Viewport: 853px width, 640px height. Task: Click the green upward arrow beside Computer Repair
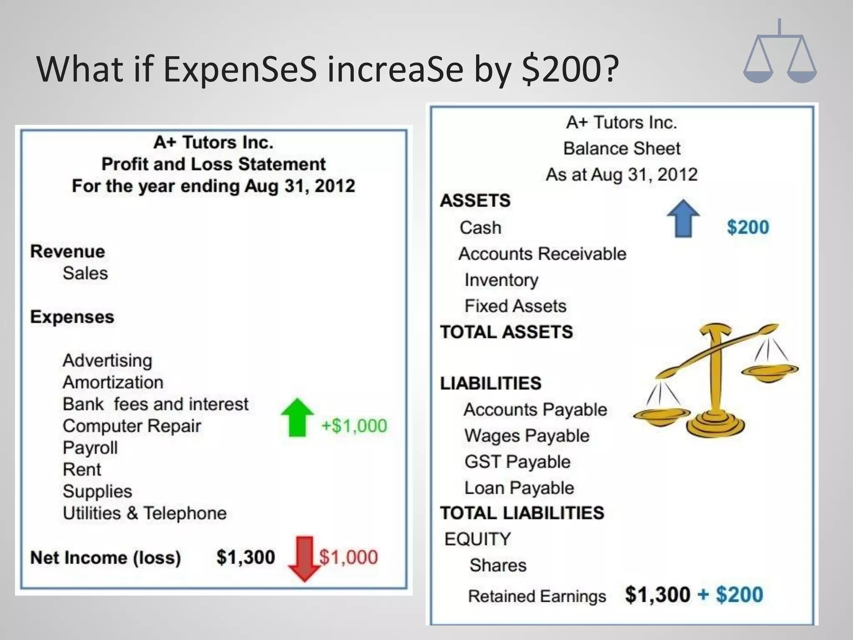(x=297, y=417)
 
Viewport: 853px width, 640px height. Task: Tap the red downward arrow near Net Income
(x=305, y=558)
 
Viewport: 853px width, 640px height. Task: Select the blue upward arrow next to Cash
(x=683, y=218)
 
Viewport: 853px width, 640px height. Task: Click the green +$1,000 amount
(x=354, y=426)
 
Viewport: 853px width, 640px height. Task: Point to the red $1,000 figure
(x=349, y=557)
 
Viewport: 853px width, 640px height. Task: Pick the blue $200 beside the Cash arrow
(x=748, y=227)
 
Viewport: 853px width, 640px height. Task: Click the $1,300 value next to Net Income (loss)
(x=246, y=557)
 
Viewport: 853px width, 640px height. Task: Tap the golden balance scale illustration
(x=715, y=379)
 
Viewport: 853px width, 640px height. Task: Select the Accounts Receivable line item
(x=542, y=254)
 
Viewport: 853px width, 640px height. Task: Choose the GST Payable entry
(x=517, y=462)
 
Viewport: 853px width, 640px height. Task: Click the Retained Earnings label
(x=537, y=596)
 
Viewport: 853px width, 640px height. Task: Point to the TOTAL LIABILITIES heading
(x=522, y=513)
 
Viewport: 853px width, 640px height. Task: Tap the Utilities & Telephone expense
(x=145, y=513)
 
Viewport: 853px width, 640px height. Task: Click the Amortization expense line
(x=113, y=382)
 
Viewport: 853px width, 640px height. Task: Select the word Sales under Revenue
(x=85, y=273)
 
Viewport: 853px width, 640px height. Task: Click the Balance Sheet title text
(x=621, y=148)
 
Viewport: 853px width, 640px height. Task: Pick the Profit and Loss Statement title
(x=213, y=164)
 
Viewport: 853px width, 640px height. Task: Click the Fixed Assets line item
(x=516, y=306)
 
